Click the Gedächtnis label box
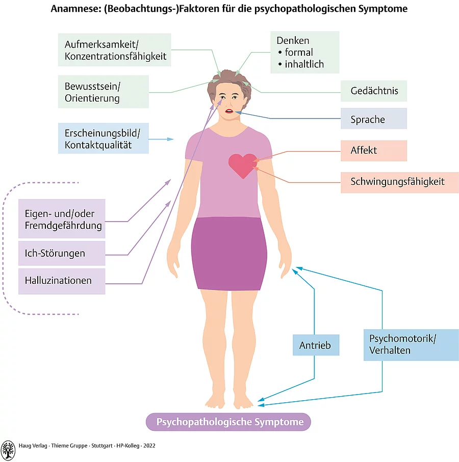(x=374, y=91)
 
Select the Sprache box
(x=374, y=119)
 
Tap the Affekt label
(x=374, y=151)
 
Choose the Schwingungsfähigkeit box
(x=399, y=182)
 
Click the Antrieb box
(x=316, y=346)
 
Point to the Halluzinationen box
(x=62, y=280)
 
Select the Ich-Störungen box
(x=62, y=253)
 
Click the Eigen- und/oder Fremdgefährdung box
(x=62, y=219)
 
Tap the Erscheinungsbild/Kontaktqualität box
(x=104, y=138)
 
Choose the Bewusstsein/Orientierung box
(x=104, y=92)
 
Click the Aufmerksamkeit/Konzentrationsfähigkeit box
(x=114, y=50)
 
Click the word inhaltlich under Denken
(x=304, y=65)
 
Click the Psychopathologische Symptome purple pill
(x=228, y=422)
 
